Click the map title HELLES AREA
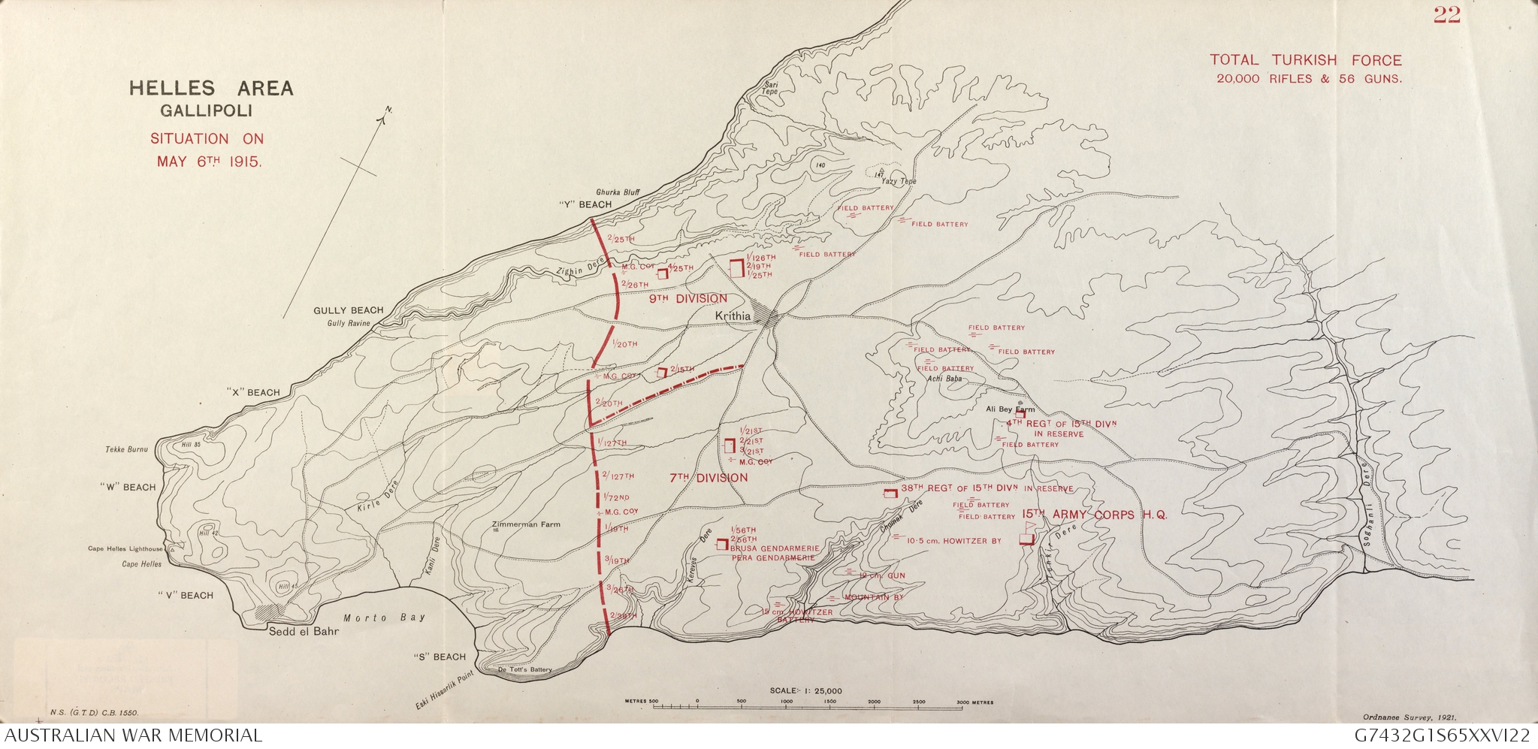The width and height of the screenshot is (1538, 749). [211, 89]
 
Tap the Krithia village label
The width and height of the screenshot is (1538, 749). [733, 316]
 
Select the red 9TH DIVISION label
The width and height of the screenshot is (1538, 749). [688, 299]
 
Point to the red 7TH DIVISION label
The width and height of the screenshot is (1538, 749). [709, 478]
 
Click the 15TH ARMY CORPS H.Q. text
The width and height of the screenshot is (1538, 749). [1095, 515]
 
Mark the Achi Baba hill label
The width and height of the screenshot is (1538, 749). [944, 379]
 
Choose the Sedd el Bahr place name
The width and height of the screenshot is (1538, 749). [304, 631]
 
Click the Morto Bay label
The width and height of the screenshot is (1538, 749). [384, 618]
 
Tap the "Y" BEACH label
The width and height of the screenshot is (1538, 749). [585, 204]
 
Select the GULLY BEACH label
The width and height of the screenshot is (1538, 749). [348, 310]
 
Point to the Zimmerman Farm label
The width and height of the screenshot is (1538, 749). [525, 524]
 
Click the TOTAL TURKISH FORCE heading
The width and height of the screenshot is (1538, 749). [1305, 60]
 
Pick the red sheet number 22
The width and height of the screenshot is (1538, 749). [1446, 16]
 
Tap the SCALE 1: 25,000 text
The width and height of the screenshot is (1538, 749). [805, 690]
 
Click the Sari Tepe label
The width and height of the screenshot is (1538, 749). [770, 88]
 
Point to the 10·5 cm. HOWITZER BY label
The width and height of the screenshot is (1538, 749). [953, 541]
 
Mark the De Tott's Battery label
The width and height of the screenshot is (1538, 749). [524, 669]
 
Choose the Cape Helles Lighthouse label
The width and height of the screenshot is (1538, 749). [125, 549]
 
